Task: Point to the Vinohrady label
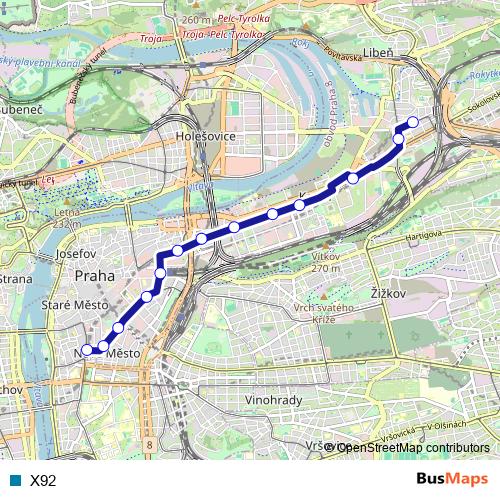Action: pos(273,399)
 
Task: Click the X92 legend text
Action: pos(43,481)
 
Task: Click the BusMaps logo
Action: pos(453,480)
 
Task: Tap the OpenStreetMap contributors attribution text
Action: pos(413,448)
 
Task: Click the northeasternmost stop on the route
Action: pos(412,123)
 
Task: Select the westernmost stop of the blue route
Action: pos(87,350)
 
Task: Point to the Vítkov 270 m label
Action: pos(327,262)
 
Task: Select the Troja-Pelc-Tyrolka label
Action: pos(222,33)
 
